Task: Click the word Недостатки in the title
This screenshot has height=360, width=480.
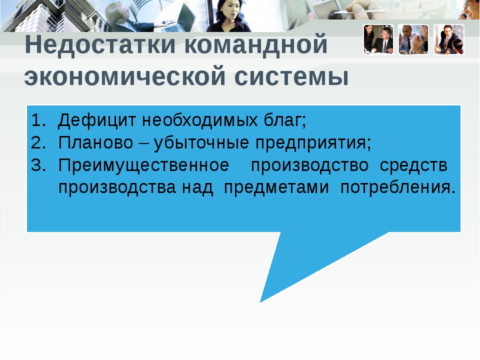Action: [100, 44]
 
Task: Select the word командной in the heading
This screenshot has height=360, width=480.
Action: [256, 44]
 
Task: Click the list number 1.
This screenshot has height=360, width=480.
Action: [38, 120]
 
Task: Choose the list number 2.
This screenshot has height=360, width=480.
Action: [38, 142]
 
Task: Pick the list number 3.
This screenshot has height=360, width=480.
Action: [38, 165]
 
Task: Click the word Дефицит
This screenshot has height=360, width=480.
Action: [96, 120]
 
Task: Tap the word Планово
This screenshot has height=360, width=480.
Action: [96, 142]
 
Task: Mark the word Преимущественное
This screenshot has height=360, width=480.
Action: [143, 166]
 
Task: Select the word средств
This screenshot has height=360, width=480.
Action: [413, 166]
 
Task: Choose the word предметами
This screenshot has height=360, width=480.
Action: [276, 188]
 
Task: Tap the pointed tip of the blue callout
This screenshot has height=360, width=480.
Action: [260, 302]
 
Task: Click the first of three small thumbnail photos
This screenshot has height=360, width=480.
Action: [378, 40]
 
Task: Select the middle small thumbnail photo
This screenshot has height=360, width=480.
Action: [413, 40]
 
